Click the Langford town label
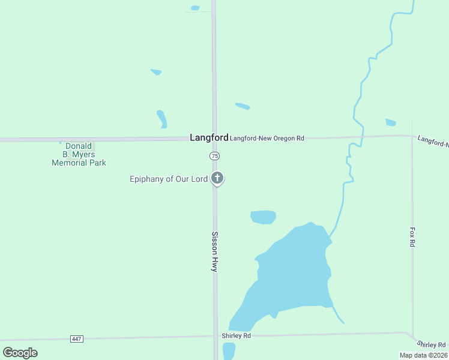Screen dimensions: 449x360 pyautogui.click(x=209, y=137)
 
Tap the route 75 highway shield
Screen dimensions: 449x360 pyautogui.click(x=215, y=156)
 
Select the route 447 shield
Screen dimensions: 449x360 pyautogui.click(x=76, y=339)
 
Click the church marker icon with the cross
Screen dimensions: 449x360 pyautogui.click(x=218, y=178)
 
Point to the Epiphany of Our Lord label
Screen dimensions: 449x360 pyautogui.click(x=169, y=179)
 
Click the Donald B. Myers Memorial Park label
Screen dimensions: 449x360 pyautogui.click(x=79, y=154)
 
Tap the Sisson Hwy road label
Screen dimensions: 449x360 pyautogui.click(x=214, y=252)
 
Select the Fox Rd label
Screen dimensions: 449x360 pyautogui.click(x=412, y=236)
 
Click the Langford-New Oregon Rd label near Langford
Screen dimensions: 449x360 pyautogui.click(x=267, y=138)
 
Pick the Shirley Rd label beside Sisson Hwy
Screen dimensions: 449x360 pyautogui.click(x=236, y=335)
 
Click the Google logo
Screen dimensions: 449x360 pyautogui.click(x=20, y=353)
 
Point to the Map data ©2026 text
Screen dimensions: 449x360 pyautogui.click(x=424, y=355)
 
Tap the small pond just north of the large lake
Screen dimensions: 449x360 pyautogui.click(x=263, y=217)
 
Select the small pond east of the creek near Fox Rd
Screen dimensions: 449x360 pyautogui.click(x=391, y=122)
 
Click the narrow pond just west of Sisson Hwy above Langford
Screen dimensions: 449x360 pyautogui.click(x=161, y=118)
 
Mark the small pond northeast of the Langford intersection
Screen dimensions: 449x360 pyautogui.click(x=242, y=106)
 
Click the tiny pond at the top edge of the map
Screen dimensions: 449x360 pyautogui.click(x=195, y=8)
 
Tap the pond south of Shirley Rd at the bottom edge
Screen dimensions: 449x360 pyautogui.click(x=229, y=351)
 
